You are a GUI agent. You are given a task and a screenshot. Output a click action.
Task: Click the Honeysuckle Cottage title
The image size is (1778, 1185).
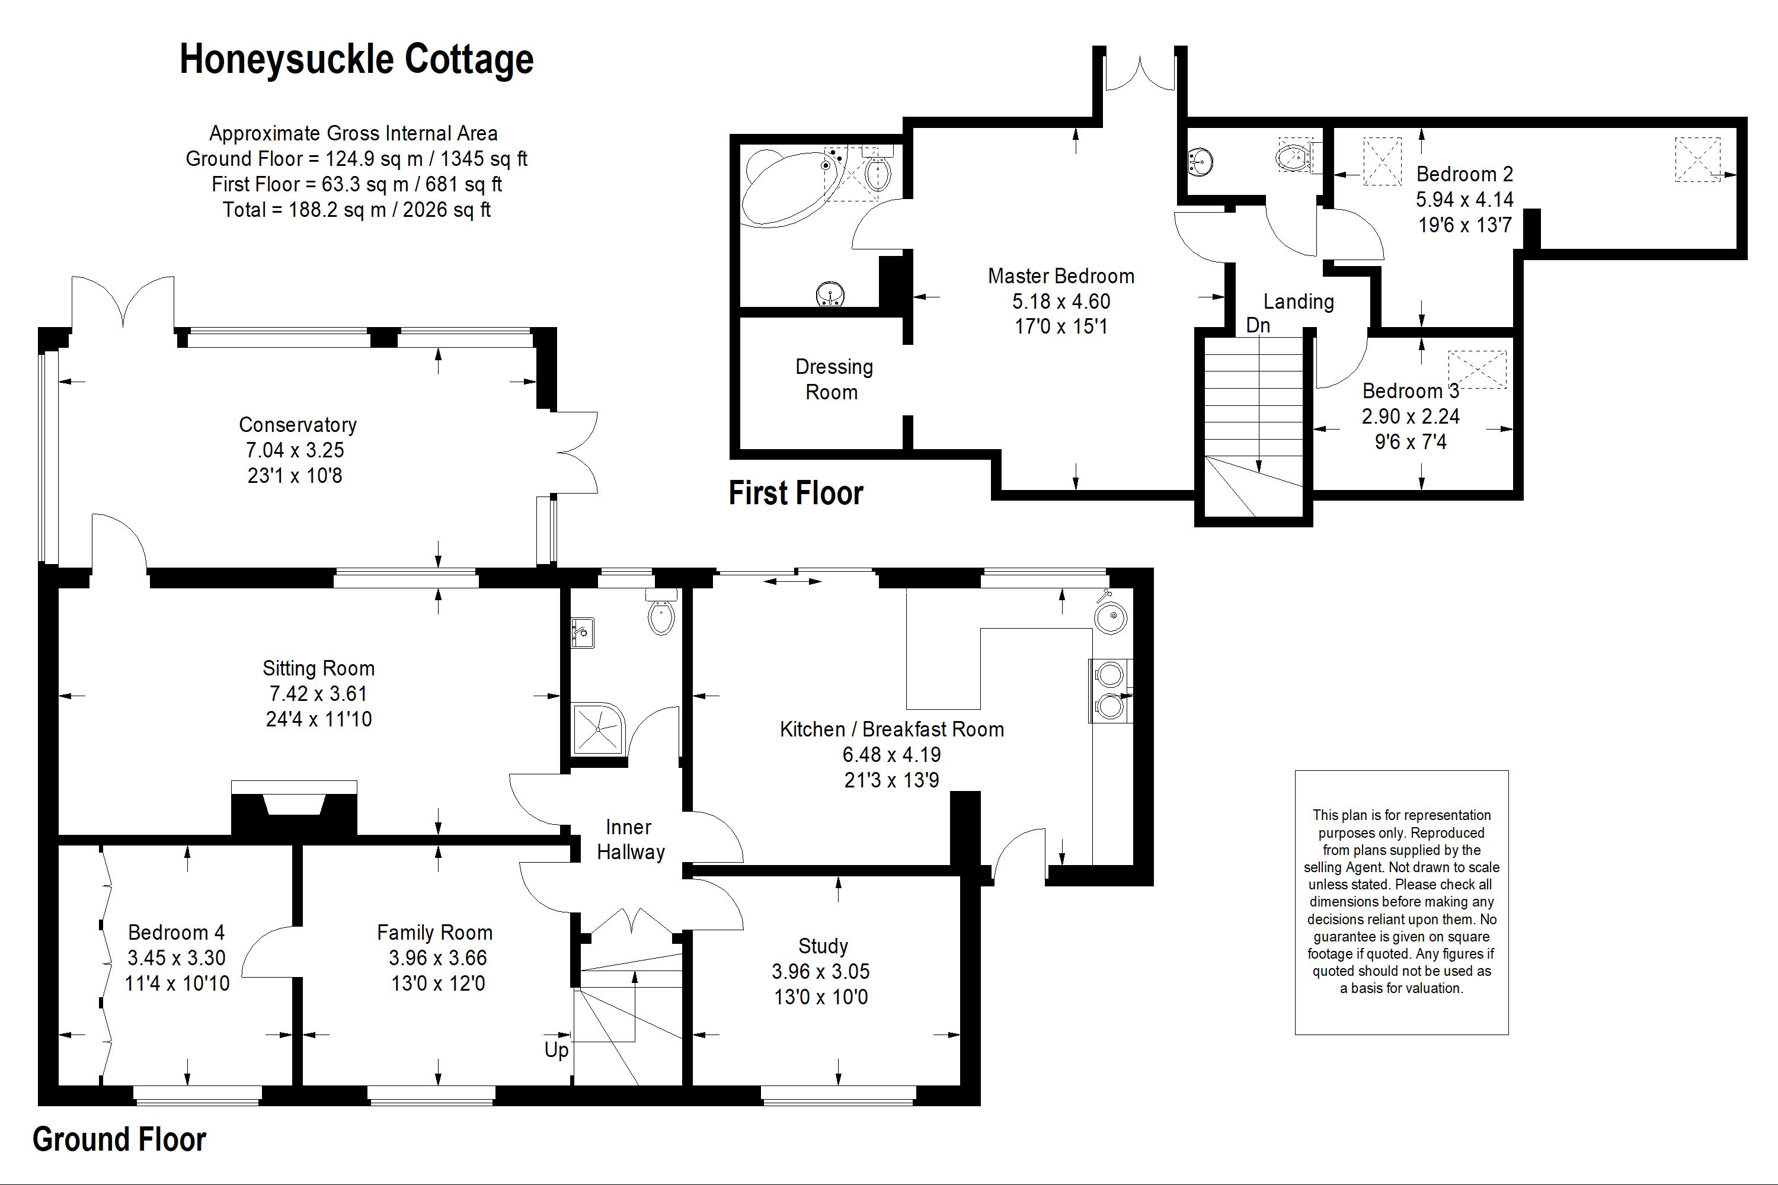(356, 60)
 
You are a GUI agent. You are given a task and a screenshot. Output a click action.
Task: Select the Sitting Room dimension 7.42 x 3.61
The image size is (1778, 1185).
(318, 694)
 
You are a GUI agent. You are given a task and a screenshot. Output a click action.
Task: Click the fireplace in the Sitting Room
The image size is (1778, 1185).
(294, 809)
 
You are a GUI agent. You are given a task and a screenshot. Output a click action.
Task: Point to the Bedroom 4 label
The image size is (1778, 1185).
(176, 933)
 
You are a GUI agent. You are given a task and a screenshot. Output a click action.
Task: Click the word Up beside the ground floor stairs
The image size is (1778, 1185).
(557, 1050)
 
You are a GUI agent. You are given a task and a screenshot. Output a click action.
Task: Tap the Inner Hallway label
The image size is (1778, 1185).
(629, 840)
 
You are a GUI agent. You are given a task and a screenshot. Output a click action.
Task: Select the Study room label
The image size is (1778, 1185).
(823, 946)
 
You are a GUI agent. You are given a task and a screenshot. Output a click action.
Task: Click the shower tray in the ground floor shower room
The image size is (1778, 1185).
(599, 729)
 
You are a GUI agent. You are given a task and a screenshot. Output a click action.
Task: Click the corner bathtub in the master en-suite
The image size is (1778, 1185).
(786, 185)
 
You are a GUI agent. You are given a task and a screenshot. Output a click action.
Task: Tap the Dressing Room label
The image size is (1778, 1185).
(833, 379)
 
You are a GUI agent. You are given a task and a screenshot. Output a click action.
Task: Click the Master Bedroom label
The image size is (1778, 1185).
(1061, 277)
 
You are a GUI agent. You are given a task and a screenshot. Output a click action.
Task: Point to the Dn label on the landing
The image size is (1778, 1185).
(1258, 326)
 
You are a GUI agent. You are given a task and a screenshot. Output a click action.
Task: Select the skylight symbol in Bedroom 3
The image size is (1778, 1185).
(1476, 370)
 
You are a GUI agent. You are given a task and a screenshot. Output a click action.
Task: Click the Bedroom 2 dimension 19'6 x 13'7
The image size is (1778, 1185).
(1464, 225)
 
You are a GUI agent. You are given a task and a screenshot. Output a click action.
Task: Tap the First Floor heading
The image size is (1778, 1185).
(795, 494)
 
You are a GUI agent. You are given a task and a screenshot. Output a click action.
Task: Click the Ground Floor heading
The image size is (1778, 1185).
(120, 1139)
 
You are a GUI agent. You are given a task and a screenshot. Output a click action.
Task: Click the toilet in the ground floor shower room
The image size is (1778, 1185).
(661, 614)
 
